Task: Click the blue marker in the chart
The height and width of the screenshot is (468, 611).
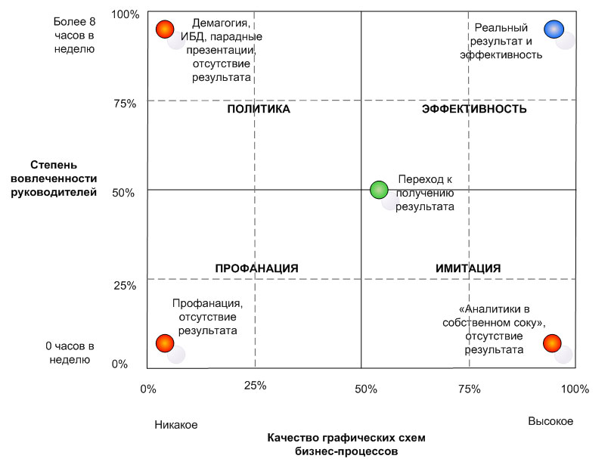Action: [554, 29]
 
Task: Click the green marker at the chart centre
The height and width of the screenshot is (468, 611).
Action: [380, 190]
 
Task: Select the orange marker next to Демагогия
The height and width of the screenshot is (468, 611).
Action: [165, 29]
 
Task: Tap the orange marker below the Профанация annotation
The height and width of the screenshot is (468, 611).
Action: [165, 343]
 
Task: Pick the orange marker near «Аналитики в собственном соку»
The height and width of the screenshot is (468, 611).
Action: [552, 343]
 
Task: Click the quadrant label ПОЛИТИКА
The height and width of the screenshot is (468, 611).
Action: [259, 110]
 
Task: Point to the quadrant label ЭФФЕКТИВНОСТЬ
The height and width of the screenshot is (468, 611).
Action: [473, 110]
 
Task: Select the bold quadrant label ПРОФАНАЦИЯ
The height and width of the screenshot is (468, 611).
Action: [257, 268]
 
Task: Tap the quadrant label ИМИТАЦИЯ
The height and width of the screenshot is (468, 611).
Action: [468, 268]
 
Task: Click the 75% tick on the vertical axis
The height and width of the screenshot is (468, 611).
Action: [124, 104]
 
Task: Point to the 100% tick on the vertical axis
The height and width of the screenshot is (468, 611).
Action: [125, 14]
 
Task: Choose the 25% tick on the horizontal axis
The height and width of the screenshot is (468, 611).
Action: [256, 386]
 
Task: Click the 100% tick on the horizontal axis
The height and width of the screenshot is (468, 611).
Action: [574, 389]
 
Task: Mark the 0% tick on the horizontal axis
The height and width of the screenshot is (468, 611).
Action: [147, 389]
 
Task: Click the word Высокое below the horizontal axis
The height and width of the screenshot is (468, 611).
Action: [551, 421]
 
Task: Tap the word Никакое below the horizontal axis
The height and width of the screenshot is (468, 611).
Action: [176, 425]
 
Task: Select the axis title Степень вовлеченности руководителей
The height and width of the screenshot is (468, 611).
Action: [64, 178]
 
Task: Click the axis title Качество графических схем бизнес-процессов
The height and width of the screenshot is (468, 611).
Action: [346, 445]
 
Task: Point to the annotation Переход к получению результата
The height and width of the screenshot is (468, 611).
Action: [425, 192]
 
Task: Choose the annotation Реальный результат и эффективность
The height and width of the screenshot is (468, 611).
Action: [501, 41]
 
